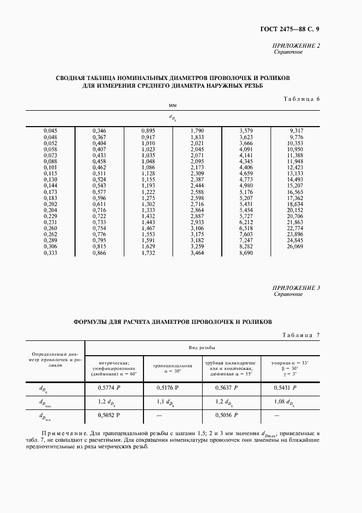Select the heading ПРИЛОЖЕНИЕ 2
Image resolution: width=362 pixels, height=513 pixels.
pos(296,47)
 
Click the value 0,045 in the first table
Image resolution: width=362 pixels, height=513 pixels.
pos(50,130)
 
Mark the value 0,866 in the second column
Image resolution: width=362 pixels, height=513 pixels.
pos(99,253)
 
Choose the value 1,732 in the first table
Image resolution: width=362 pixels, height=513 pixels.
pos(148,253)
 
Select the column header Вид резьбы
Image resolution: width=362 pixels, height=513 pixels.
pos(203,347)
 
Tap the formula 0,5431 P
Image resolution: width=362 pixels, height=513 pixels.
pos(285,387)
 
